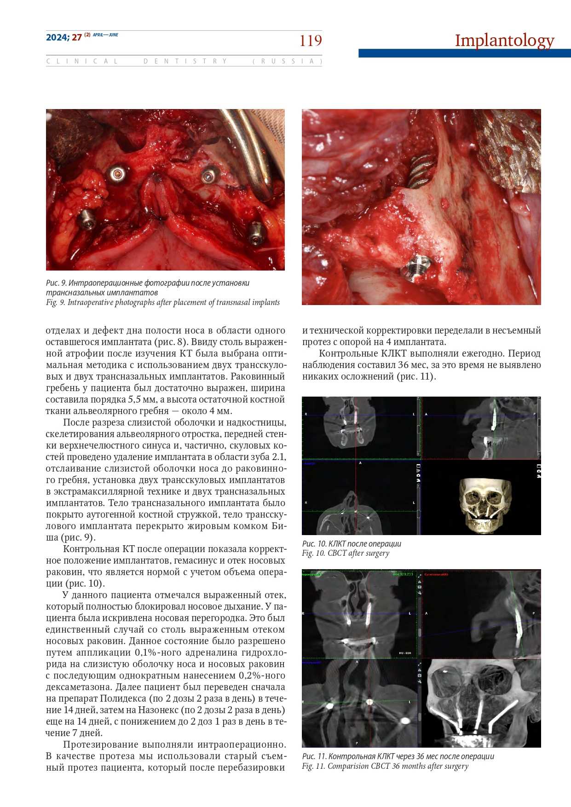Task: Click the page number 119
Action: (x=311, y=41)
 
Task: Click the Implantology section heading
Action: (x=504, y=40)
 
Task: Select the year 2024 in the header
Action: (x=57, y=37)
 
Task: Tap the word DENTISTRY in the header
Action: (x=185, y=61)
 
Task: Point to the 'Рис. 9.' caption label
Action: (x=56, y=283)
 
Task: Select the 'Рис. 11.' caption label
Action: (x=315, y=756)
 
